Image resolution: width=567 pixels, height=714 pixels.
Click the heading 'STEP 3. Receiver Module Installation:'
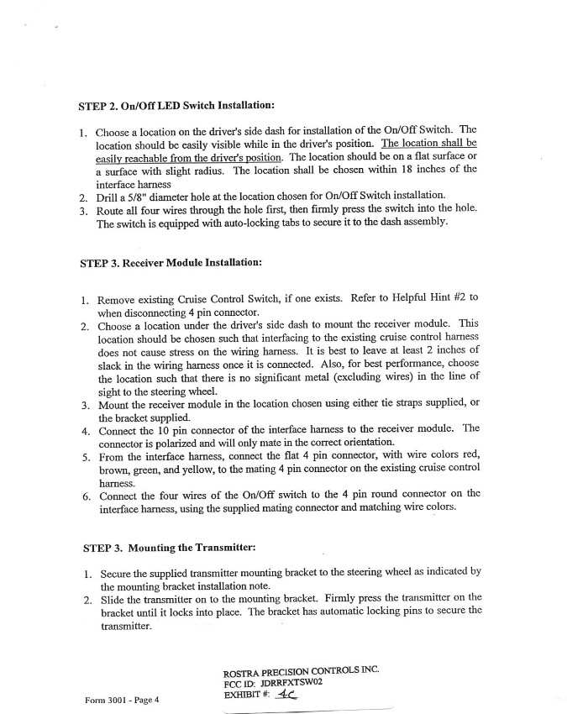pos(171,262)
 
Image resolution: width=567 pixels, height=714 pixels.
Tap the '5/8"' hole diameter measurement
pos(138,196)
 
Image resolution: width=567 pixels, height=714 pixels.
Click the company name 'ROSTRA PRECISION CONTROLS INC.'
pos(301,670)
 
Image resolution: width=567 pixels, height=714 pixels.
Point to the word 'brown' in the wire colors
pos(114,470)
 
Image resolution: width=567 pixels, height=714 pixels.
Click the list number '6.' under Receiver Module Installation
pos(87,496)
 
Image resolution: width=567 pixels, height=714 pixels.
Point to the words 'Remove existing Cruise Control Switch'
pos(189,298)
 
